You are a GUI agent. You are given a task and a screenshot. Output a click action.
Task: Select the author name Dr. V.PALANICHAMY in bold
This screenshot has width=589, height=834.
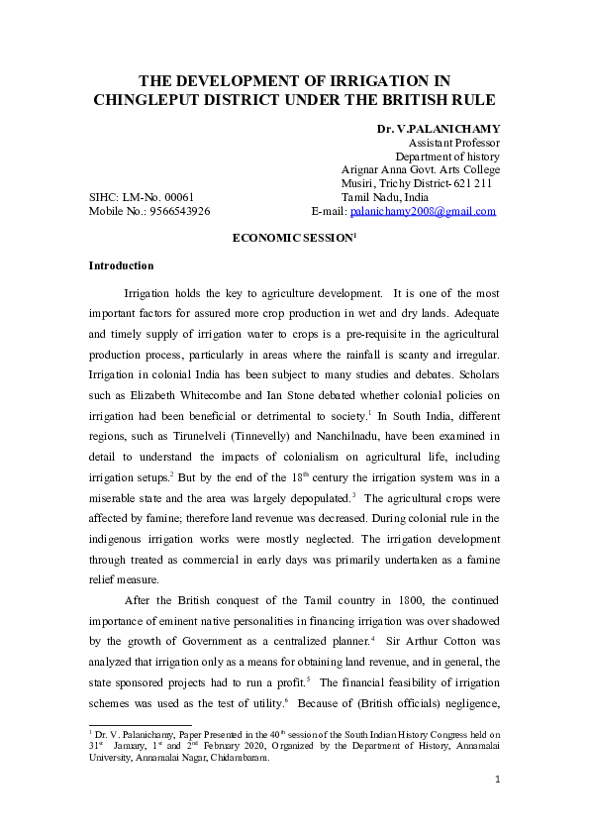[x=438, y=129]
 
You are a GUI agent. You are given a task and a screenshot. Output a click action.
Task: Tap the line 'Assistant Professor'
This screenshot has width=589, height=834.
[x=453, y=143]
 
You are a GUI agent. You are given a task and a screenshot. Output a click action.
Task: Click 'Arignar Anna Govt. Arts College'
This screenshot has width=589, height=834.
[x=420, y=169]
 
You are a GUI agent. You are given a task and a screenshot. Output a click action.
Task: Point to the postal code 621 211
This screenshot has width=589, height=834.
[x=471, y=183]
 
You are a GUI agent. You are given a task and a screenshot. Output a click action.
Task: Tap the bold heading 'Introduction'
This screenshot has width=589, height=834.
[x=121, y=265]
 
